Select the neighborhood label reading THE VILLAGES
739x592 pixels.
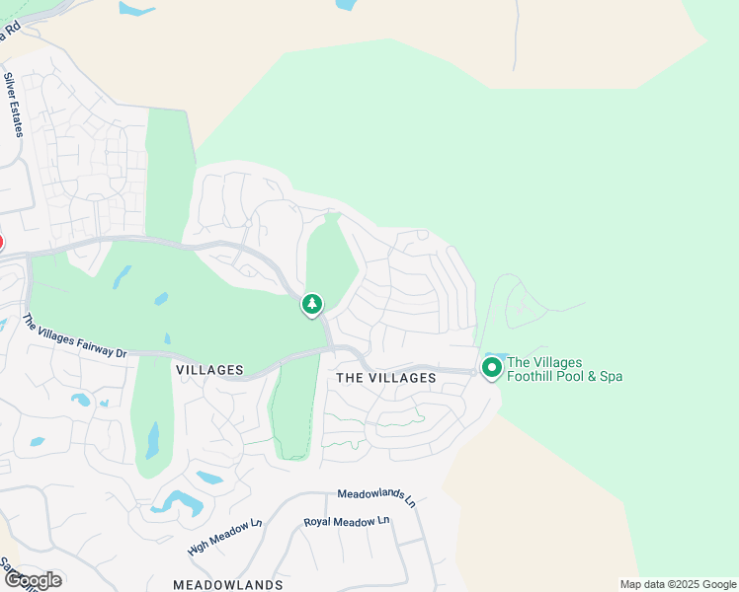coord(386,378)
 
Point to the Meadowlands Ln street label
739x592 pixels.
coord(376,496)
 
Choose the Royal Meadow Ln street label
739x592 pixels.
coord(347,521)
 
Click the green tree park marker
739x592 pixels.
coord(312,304)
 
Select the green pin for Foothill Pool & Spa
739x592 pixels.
coord(491,368)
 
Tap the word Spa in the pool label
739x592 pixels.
coord(610,376)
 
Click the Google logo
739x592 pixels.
coord(32,579)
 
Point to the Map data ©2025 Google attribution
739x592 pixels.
coord(678,584)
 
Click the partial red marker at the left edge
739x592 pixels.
coord(1,243)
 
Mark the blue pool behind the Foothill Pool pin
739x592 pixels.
coord(497,356)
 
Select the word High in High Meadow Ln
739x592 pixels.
coord(198,547)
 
